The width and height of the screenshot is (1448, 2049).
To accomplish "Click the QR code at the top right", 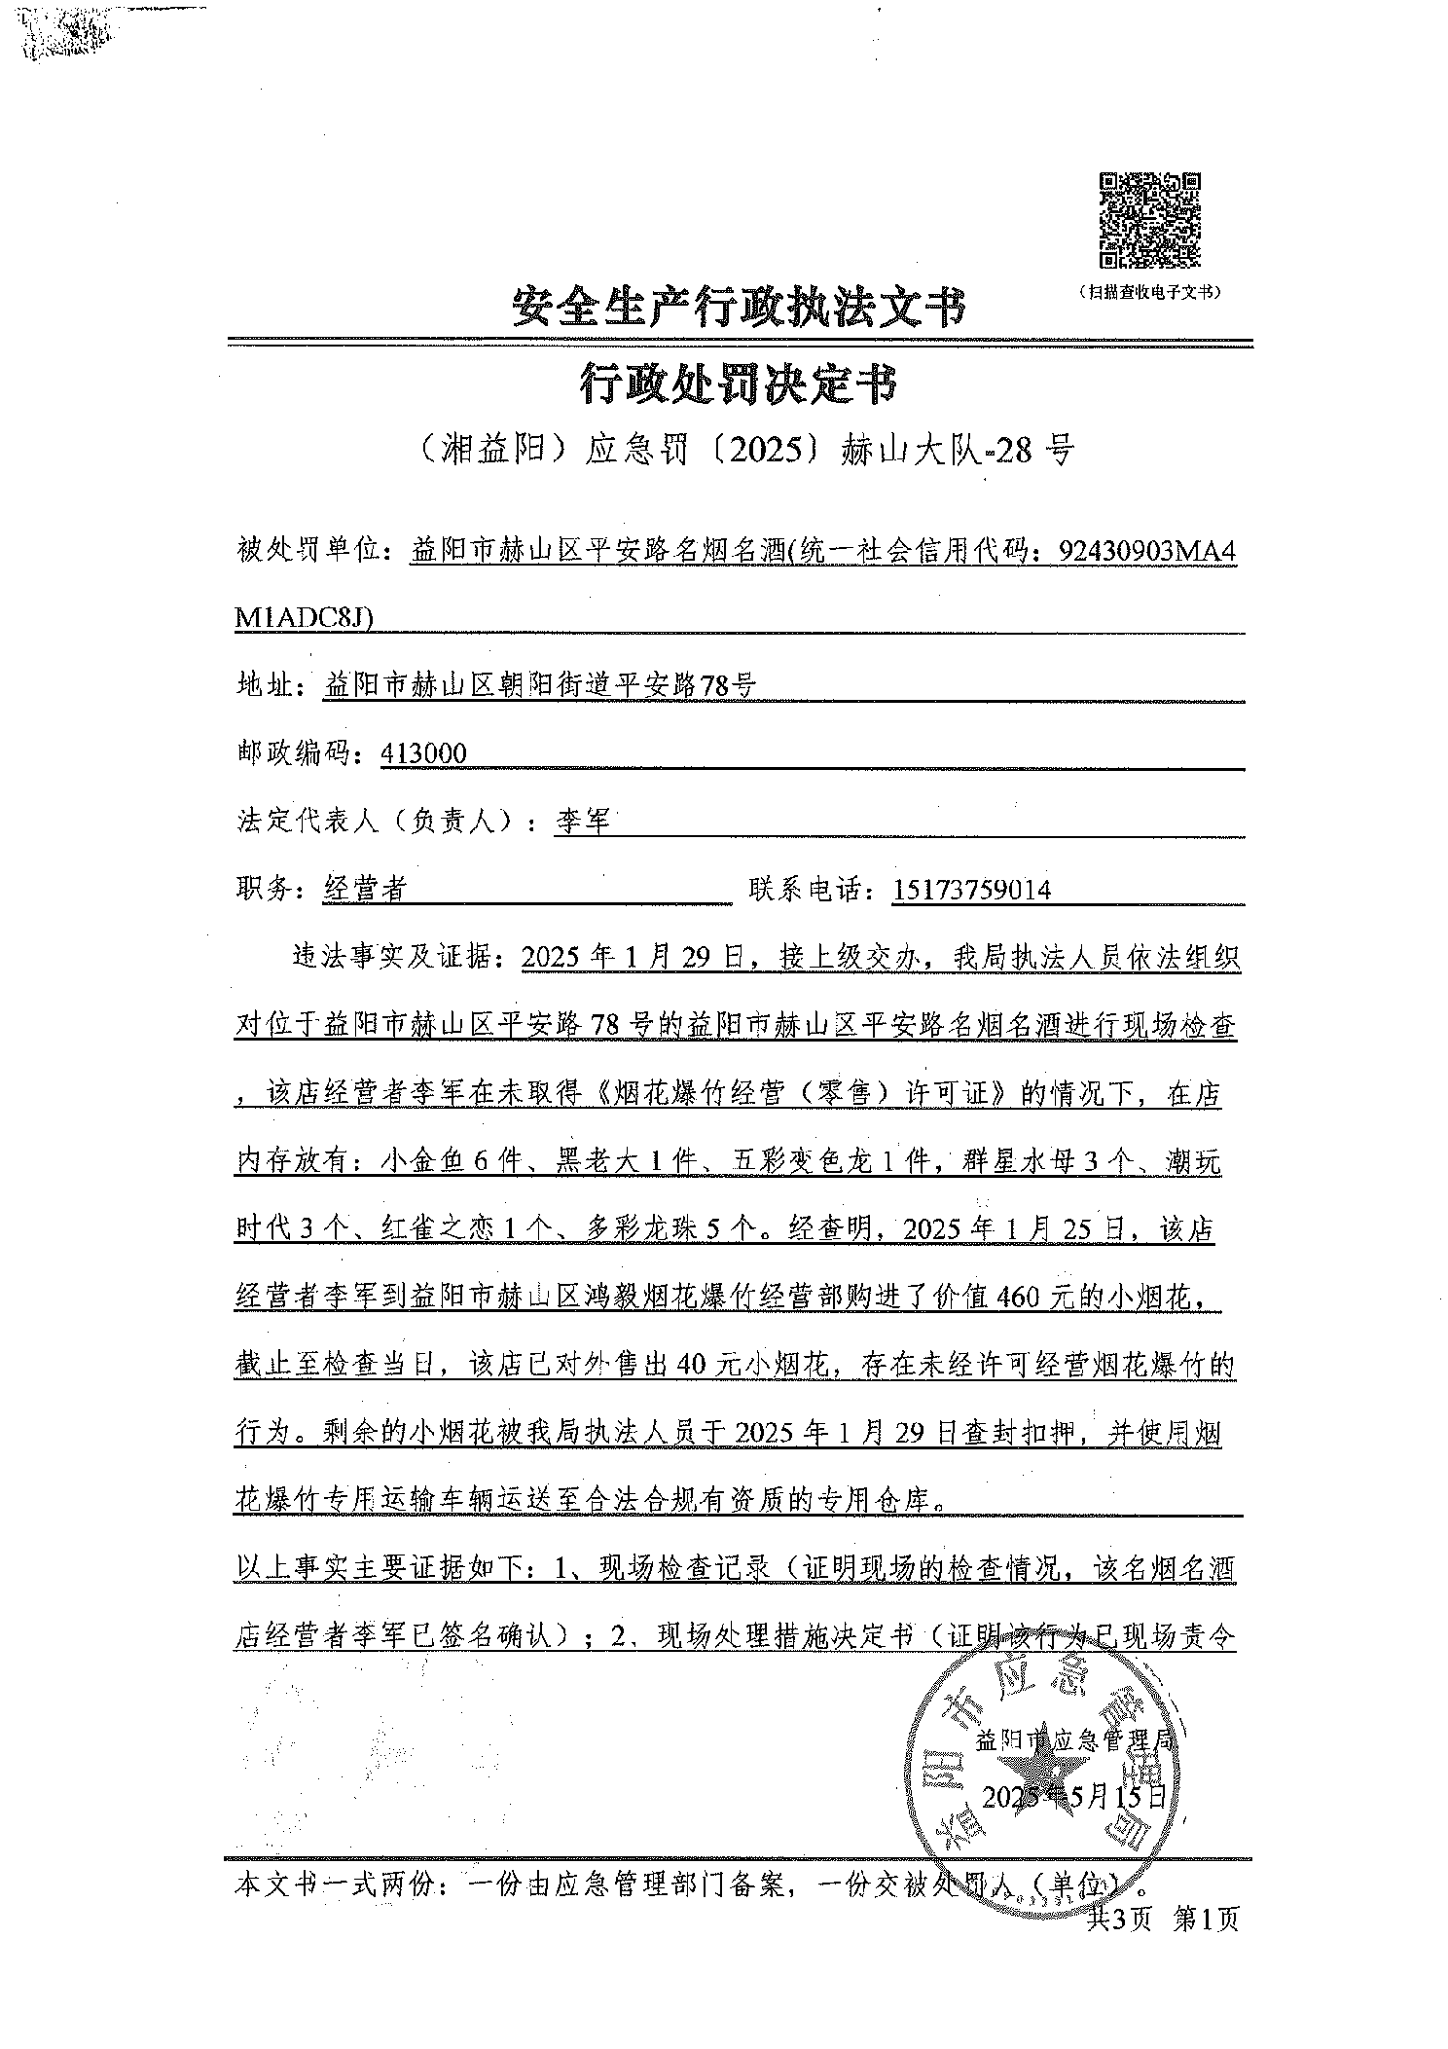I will [x=1149, y=220].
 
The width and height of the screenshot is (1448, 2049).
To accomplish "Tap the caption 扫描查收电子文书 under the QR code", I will [x=1149, y=292].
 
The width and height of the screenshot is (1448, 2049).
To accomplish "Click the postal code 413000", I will [x=424, y=753].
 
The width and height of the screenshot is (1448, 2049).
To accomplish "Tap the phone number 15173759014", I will [x=971, y=890].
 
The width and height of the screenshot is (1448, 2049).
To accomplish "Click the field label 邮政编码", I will [x=293, y=753].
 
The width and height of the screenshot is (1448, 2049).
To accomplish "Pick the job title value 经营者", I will [x=365, y=890].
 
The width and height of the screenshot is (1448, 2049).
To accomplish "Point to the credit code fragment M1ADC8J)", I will [x=305, y=618].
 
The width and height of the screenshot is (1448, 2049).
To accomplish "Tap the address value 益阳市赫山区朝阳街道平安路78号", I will [x=539, y=686].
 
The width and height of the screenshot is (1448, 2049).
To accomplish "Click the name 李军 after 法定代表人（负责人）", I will [x=582, y=822].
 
